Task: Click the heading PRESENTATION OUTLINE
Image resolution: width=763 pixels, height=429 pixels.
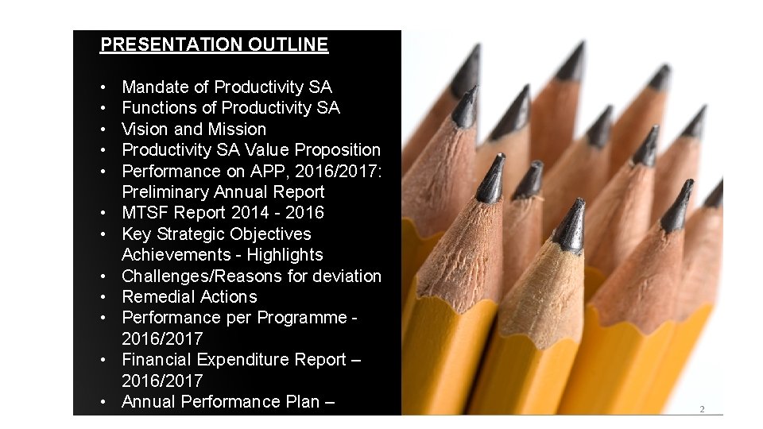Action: coord(214,44)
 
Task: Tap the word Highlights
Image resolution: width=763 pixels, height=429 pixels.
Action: coord(285,254)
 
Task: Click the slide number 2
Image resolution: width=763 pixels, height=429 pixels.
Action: coord(701,409)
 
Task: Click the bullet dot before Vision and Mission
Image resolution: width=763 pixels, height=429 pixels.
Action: coord(105,129)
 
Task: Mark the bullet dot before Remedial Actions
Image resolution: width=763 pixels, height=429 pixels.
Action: coord(105,297)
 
